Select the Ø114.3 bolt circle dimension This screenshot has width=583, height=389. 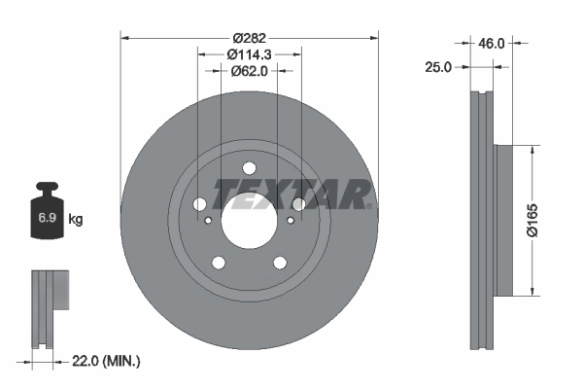coord(249,54)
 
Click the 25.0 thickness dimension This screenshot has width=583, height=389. coord(440,67)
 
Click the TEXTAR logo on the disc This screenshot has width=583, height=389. coord(291,193)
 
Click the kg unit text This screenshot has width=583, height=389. coord(76,220)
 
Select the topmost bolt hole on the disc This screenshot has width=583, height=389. coord(249,166)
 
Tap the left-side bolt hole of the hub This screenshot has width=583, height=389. coord(199,204)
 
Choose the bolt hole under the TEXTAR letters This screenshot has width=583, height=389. coord(298,204)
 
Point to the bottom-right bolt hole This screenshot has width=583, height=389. coord(279,262)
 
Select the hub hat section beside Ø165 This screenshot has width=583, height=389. coord(501,220)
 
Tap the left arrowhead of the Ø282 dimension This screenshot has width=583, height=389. coord(124,38)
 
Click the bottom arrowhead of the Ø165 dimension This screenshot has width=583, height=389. coord(532,291)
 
